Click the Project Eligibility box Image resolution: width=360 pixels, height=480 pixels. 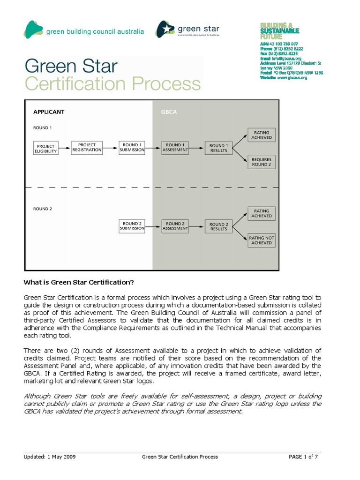tap(46, 149)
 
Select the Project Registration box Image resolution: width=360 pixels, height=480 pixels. tap(87, 147)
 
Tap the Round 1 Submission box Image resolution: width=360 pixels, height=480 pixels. tap(132, 147)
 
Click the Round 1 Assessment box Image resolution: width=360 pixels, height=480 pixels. tap(175, 147)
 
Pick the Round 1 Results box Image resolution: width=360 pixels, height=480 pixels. tap(218, 148)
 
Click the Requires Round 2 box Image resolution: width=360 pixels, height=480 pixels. tap(261, 162)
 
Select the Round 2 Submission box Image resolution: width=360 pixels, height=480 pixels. tap(132, 226)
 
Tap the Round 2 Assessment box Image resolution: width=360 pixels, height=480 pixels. tap(175, 226)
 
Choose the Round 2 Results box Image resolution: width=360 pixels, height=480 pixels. tap(218, 226)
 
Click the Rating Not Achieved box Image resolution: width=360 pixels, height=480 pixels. tap(261, 240)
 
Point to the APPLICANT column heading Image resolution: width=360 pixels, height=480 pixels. tap(49, 112)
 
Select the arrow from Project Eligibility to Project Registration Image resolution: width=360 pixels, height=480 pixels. tap(65, 148)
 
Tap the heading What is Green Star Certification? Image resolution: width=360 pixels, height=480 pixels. tap(79, 282)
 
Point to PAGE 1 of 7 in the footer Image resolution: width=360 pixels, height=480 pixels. tap(303, 457)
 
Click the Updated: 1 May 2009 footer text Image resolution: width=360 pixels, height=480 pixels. tap(50, 457)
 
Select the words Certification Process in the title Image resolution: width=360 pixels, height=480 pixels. tap(112, 84)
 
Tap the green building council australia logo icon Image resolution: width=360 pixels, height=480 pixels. tap(33, 30)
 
